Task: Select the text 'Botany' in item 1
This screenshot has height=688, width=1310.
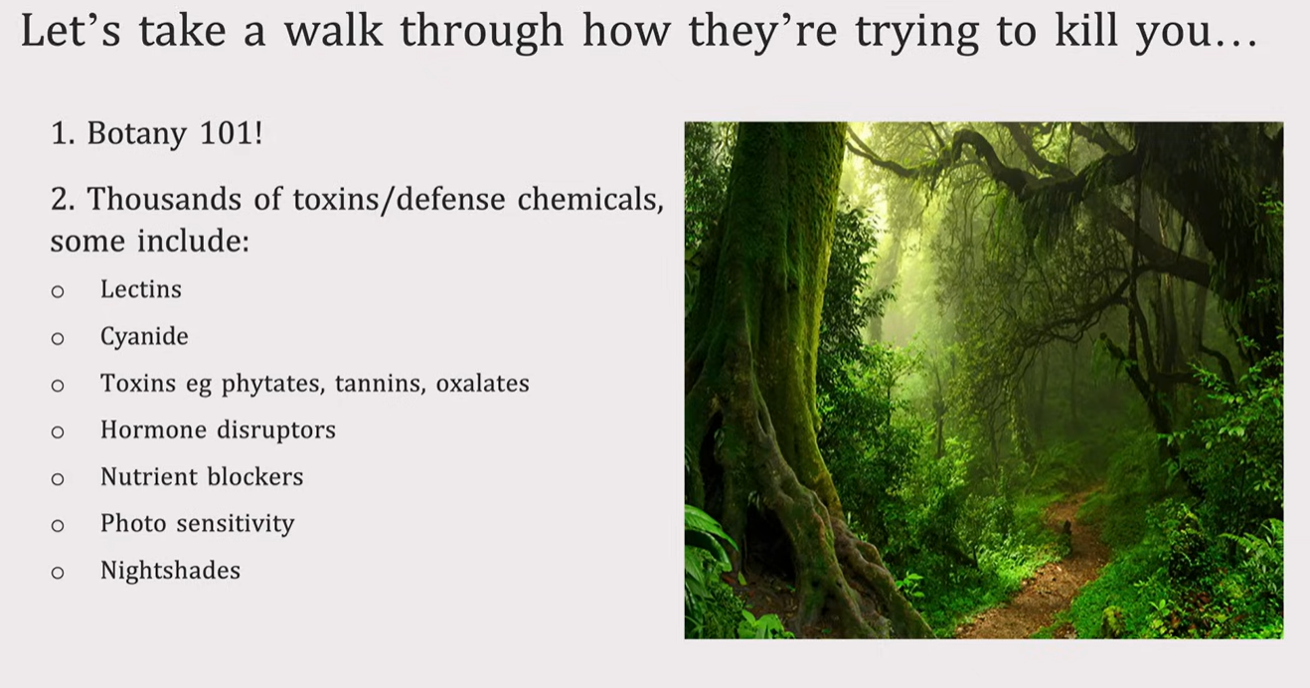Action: (x=136, y=133)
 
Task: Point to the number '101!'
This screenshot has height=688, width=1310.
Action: (x=231, y=133)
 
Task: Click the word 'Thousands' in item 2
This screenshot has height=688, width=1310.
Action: (x=164, y=199)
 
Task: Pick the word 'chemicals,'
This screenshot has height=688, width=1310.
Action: (x=590, y=200)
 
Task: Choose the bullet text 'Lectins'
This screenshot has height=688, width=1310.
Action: (x=141, y=289)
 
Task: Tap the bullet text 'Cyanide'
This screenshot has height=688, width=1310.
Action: (x=144, y=336)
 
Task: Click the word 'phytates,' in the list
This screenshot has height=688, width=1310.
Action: (x=272, y=384)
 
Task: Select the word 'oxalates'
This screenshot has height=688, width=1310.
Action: (x=482, y=383)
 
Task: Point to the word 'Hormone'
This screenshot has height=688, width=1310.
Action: (x=153, y=430)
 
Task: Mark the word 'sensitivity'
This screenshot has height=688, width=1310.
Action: (x=236, y=524)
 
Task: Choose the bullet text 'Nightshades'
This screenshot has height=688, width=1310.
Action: (x=170, y=570)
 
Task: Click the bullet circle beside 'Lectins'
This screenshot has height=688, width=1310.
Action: (x=58, y=290)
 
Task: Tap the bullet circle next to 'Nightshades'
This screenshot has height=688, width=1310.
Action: (x=58, y=572)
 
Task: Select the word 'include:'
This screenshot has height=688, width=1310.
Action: (x=194, y=241)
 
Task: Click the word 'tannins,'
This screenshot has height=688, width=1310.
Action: (x=380, y=384)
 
